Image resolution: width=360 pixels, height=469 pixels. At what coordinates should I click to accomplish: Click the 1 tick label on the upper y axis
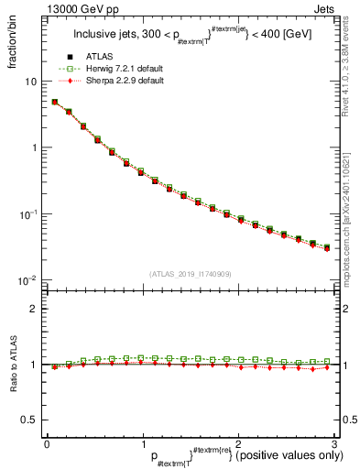click(34, 147)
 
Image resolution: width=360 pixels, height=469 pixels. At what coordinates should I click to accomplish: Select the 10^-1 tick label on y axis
click(29, 213)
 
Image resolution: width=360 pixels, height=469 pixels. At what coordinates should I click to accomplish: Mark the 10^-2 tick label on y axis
click(29, 279)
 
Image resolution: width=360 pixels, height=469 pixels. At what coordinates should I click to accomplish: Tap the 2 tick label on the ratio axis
click(34, 309)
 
